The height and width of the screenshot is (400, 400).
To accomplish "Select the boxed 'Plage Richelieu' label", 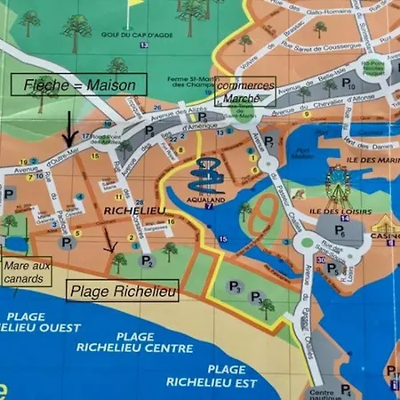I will pos(122,290).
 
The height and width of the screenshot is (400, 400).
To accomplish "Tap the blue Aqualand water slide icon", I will pos(208,178).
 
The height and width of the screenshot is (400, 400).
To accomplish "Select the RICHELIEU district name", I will pos(131,211).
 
